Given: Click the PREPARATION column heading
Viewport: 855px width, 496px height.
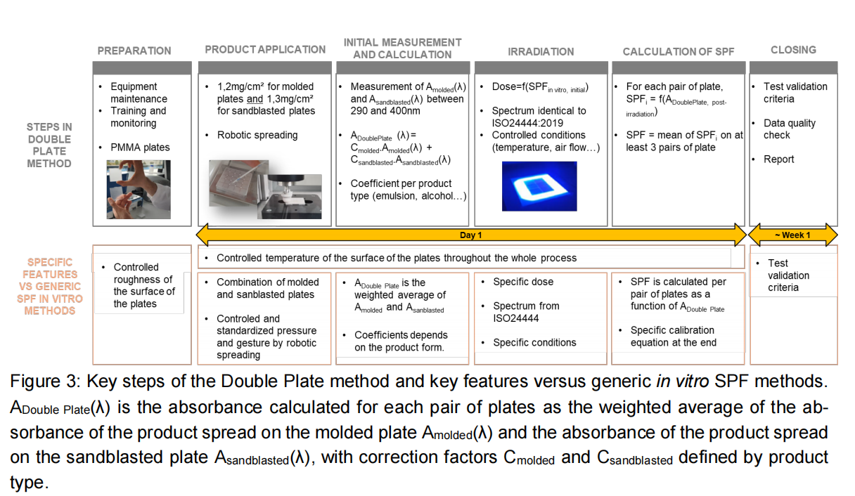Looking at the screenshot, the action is click(134, 51).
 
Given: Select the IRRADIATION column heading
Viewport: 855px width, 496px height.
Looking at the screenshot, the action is click(541, 51).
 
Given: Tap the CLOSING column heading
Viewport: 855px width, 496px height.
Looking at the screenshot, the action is click(793, 50).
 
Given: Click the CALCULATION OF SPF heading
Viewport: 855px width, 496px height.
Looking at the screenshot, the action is click(679, 51).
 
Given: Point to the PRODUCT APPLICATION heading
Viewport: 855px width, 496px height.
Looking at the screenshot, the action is click(265, 50).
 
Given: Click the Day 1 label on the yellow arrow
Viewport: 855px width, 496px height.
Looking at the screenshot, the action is click(470, 235).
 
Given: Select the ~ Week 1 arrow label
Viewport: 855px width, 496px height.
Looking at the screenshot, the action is click(792, 235).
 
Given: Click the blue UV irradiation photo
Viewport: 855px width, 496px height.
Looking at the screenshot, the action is click(539, 186).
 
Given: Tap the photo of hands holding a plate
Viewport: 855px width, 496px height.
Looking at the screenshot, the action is click(139, 190).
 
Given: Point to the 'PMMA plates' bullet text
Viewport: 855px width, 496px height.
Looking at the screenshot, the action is click(140, 147).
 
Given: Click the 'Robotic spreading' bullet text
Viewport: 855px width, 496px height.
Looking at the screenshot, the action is click(257, 135).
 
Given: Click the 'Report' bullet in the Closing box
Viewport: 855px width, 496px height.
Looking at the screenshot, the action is click(778, 159).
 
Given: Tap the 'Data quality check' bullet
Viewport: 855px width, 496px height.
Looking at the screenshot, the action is click(790, 129).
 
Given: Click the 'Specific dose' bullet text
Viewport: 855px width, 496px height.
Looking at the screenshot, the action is click(523, 282).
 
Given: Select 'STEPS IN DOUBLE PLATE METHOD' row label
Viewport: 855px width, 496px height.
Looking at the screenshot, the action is click(49, 145).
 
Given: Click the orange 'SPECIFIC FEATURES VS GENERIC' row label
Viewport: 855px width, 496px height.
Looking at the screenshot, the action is click(50, 287).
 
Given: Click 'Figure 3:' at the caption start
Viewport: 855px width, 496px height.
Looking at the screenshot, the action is click(45, 381).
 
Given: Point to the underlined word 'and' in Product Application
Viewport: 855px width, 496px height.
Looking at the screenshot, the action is click(255, 99).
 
